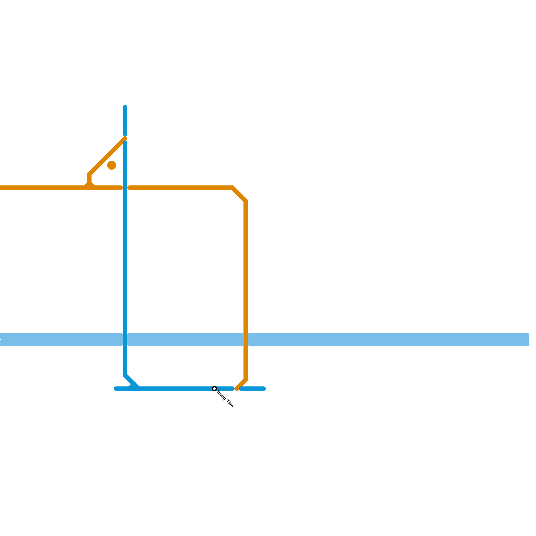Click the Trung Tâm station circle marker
tap(214, 389)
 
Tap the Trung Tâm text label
tap(225, 399)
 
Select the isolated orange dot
tap(112, 165)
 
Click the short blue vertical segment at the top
tap(125, 121)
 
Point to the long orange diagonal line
tap(107, 156)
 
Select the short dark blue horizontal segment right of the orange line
tap(253, 389)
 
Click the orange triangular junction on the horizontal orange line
tap(89, 185)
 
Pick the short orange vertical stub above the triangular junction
tap(89, 178)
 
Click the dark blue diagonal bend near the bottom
tap(131, 382)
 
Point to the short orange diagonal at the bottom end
tap(241, 385)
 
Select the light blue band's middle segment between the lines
tap(185, 339)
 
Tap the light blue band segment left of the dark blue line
tap(60, 339)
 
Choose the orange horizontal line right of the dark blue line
tap(181, 188)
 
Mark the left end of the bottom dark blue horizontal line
tap(116, 389)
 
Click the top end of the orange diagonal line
tap(125, 139)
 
